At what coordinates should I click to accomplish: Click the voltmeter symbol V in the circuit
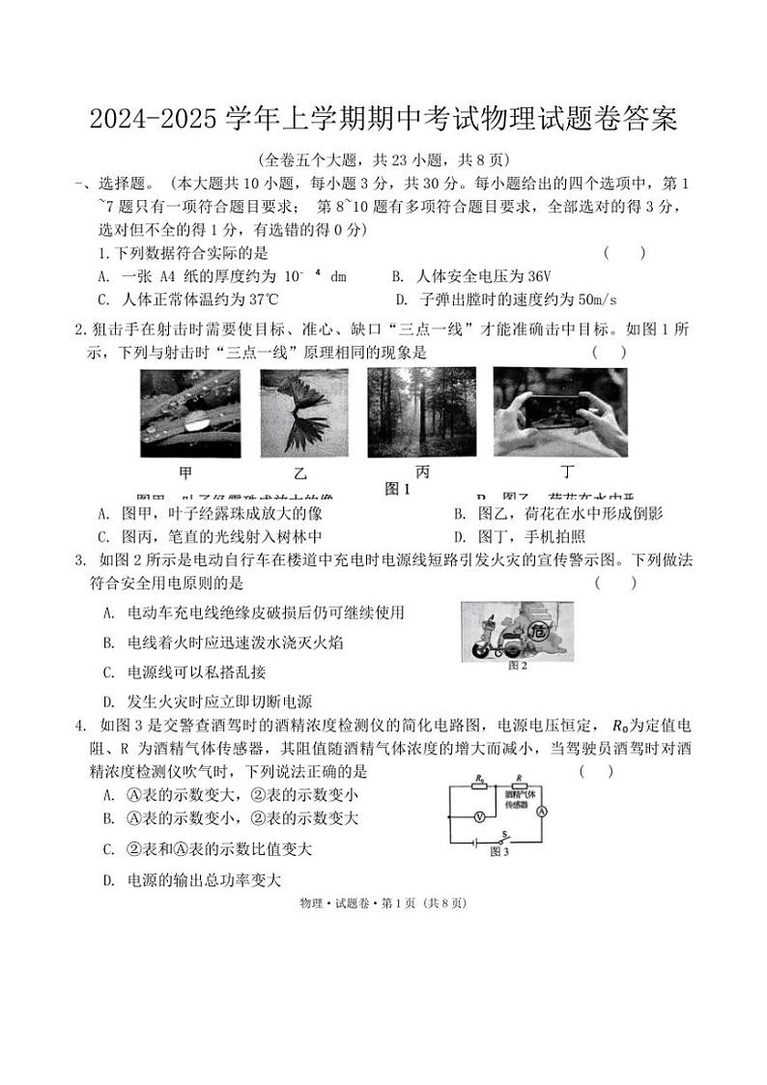(475, 817)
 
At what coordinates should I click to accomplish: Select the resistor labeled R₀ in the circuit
(479, 786)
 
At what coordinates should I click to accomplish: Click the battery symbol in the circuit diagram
(472, 842)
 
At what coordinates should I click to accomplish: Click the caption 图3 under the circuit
(499, 851)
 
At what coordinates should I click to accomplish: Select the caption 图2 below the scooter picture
(518, 666)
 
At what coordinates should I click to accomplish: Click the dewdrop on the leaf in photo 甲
(197, 421)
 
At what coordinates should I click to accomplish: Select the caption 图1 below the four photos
(398, 490)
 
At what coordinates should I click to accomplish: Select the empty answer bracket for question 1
(624, 252)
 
